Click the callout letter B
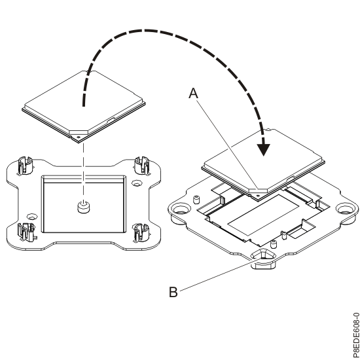point(173,292)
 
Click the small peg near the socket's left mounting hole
point(196,198)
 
